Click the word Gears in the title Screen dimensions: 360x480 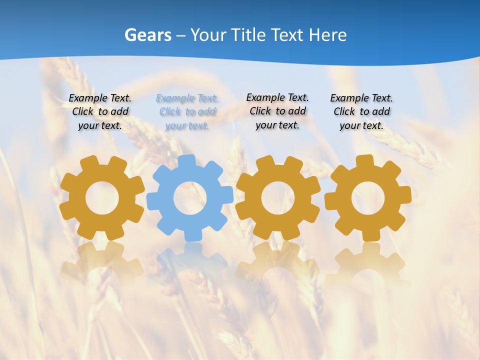click(x=147, y=35)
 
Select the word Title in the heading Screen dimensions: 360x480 click(x=250, y=35)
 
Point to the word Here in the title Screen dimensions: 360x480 click(x=327, y=35)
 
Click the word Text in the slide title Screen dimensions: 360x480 click(x=288, y=35)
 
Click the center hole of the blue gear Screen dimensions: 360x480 click(x=190, y=198)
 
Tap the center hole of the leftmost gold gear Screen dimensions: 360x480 click(x=102, y=198)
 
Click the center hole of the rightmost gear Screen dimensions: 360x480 click(x=367, y=198)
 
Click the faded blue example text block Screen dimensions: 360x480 click(x=187, y=112)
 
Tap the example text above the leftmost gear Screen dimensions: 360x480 click(x=100, y=111)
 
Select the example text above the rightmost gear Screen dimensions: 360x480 click(x=361, y=111)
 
